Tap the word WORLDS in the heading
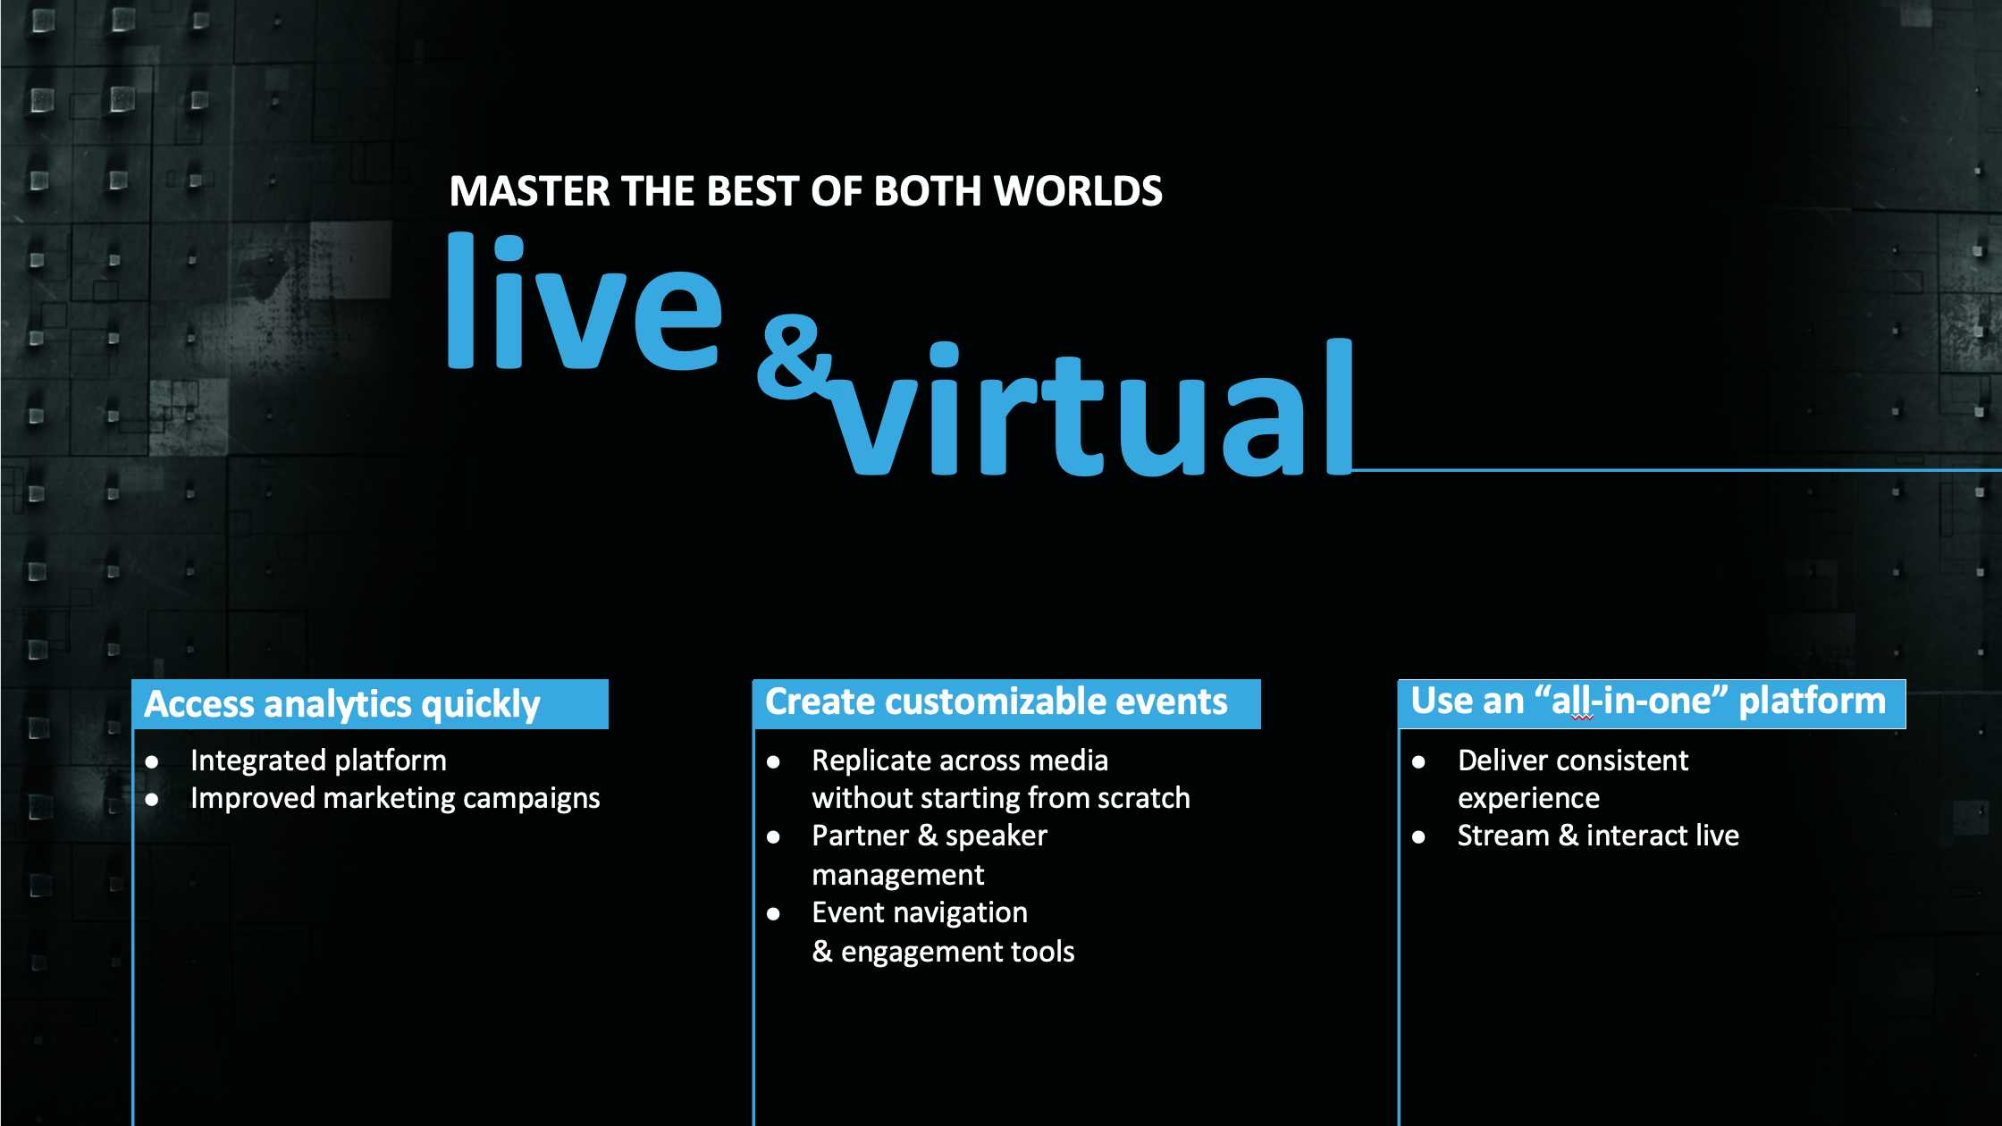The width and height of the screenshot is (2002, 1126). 1078,191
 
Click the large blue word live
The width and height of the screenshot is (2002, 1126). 585,301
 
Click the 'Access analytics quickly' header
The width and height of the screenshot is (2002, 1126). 342,704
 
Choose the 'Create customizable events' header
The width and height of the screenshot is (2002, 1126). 997,702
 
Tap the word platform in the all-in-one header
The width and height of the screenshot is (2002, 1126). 1812,702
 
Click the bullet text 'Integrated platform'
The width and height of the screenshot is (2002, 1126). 318,760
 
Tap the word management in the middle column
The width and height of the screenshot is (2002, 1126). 898,875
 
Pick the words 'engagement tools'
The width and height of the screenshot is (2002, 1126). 957,953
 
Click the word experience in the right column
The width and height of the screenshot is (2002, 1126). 1528,798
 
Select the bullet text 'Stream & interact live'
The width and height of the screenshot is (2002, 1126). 1598,836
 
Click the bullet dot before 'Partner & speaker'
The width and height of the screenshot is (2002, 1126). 774,837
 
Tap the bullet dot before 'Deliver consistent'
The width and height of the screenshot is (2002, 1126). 1419,762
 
